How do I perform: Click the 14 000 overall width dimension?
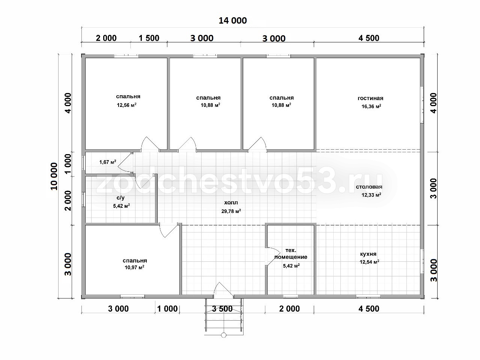click(233, 21)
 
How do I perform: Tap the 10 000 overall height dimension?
click(54, 176)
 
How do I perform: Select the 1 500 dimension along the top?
click(149, 38)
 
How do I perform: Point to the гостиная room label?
click(370, 98)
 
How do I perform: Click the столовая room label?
click(369, 187)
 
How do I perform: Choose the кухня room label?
click(368, 254)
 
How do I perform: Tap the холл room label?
click(231, 202)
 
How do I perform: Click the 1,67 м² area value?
click(108, 162)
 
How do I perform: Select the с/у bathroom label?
click(120, 198)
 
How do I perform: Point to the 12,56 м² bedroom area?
click(126, 105)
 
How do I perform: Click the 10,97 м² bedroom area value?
click(134, 267)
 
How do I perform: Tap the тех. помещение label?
click(291, 253)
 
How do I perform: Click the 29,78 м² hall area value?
click(231, 211)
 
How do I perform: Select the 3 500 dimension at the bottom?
click(223, 309)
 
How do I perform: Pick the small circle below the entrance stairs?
click(224, 335)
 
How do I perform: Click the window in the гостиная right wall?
click(422, 105)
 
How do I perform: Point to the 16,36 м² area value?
click(371, 106)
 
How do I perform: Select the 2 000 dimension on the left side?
click(68, 201)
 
